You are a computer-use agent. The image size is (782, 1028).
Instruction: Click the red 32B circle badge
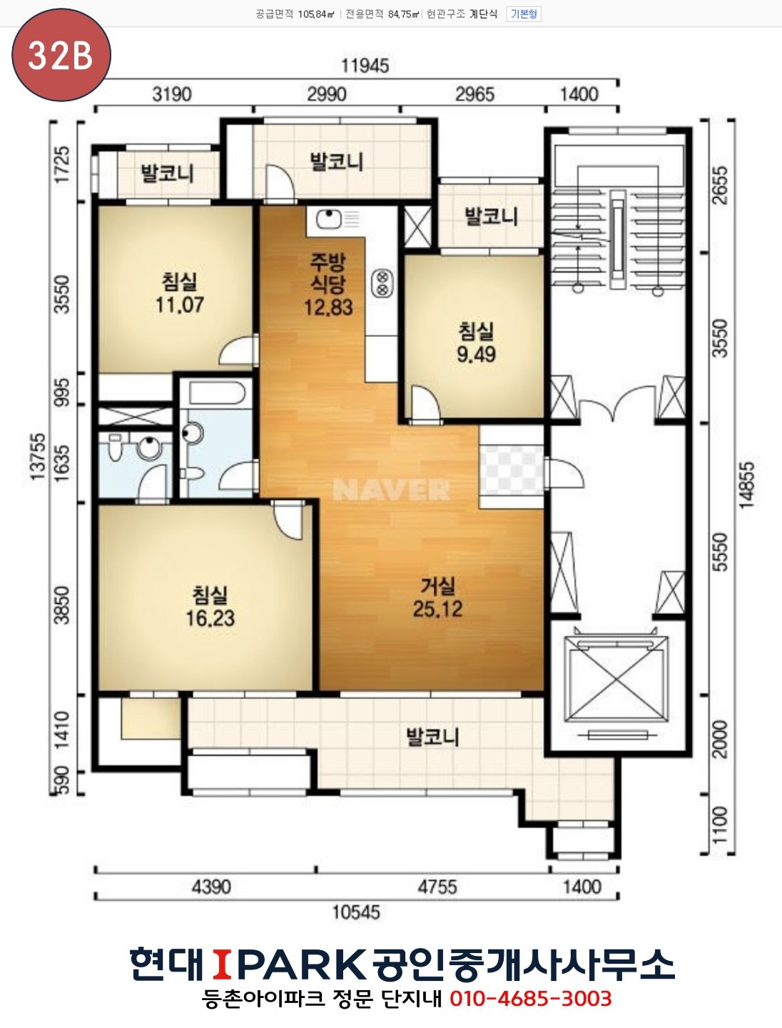[x=61, y=55]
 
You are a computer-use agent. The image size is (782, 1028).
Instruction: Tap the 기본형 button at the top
[x=524, y=14]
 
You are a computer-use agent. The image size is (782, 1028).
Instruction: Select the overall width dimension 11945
[x=365, y=66]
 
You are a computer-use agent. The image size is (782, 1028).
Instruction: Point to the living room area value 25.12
[x=437, y=609]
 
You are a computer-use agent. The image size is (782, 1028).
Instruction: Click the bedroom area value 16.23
[x=210, y=618]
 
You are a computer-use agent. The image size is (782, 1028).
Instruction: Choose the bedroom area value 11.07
[x=180, y=305]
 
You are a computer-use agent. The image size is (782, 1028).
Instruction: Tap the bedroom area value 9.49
[x=476, y=354]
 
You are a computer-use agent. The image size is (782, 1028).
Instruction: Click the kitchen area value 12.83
[x=328, y=307]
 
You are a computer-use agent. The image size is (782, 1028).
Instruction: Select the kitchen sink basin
[x=328, y=218]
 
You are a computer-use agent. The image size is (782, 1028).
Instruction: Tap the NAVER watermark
[x=391, y=490]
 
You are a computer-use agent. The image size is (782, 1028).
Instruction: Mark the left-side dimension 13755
[x=39, y=457]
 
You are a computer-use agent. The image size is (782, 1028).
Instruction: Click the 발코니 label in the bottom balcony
[x=432, y=737]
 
